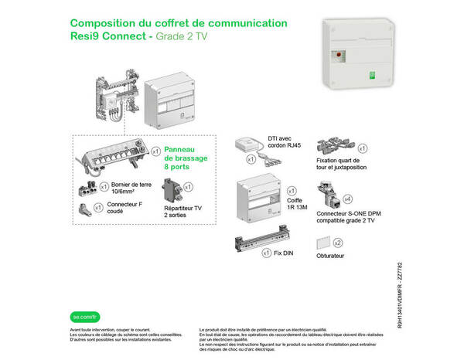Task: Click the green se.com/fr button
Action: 84,294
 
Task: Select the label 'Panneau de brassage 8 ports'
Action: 186,158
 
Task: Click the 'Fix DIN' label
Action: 283,253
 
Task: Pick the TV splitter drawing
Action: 170,190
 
